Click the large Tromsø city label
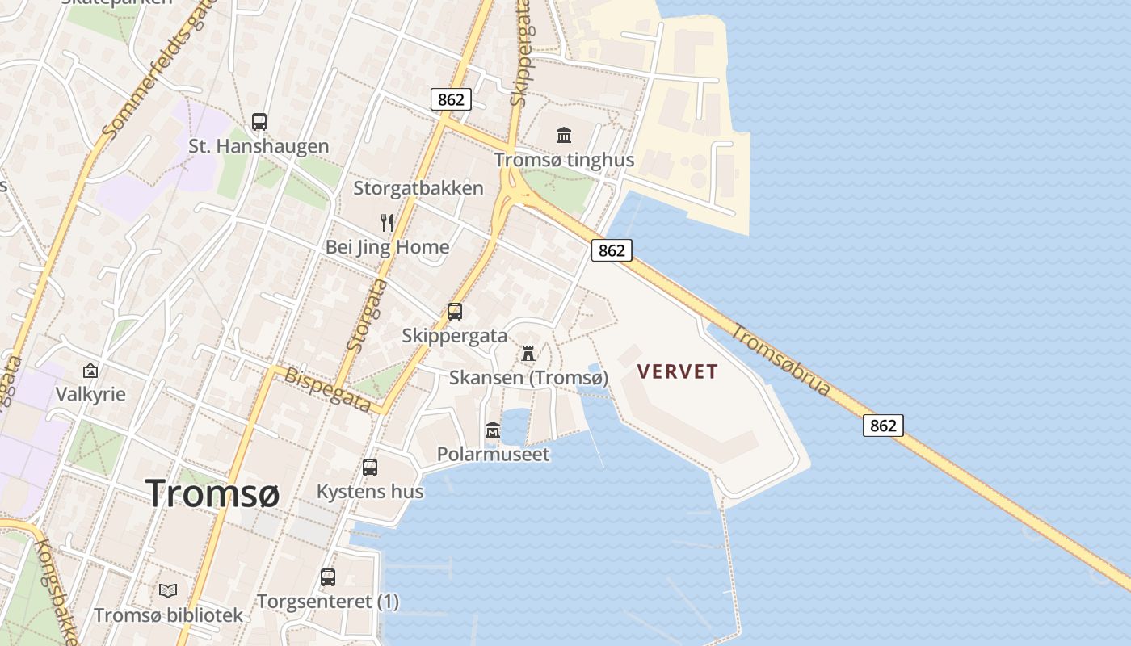point(212,493)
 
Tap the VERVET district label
point(677,371)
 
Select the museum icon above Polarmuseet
point(492,430)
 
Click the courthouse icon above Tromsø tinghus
point(564,135)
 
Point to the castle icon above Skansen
point(528,353)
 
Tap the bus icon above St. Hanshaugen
point(259,122)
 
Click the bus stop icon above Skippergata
point(455,311)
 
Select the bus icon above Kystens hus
point(370,467)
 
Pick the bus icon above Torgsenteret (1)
point(327,577)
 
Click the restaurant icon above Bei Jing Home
point(387,222)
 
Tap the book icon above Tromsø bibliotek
point(167,590)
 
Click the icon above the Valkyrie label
point(90,371)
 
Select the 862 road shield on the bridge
point(883,425)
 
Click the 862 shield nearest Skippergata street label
point(451,99)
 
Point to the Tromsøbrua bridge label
point(781,360)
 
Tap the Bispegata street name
point(327,389)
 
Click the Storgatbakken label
point(418,188)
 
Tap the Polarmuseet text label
point(493,454)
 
